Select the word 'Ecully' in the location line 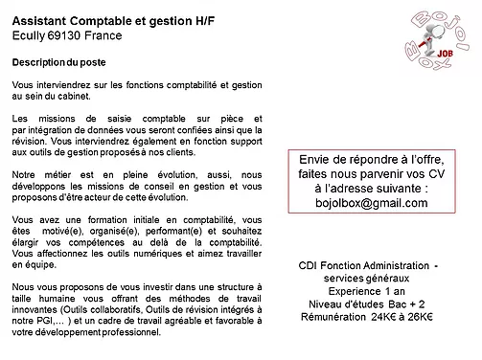(30, 34)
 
